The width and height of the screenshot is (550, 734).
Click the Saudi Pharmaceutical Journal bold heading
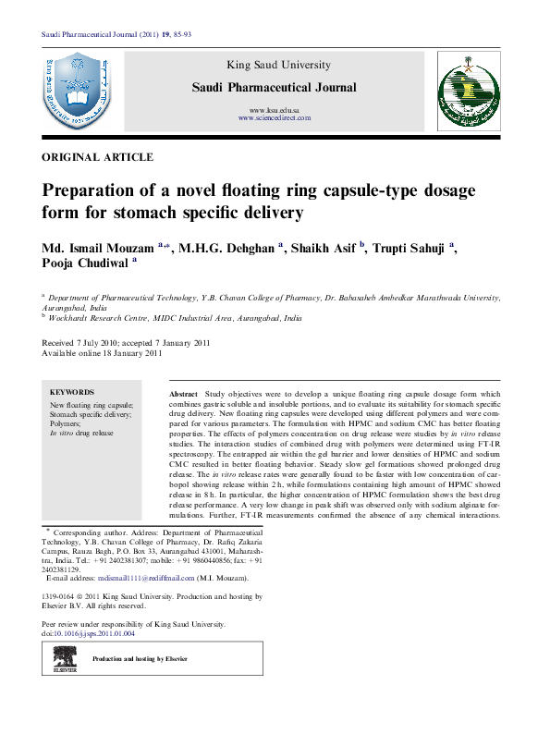[273, 88]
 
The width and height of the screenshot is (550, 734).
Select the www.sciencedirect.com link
[274, 118]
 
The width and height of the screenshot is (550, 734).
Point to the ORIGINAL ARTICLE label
[98, 158]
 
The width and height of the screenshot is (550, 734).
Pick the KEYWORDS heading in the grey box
[71, 392]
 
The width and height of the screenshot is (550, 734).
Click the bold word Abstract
[183, 395]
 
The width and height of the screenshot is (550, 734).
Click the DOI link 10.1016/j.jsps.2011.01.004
[95, 634]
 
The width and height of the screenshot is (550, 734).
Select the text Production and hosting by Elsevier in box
[140, 658]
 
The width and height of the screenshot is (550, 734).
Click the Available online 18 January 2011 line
[103, 352]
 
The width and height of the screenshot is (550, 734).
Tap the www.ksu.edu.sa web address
[274, 110]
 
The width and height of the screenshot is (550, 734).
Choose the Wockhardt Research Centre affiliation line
[176, 317]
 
